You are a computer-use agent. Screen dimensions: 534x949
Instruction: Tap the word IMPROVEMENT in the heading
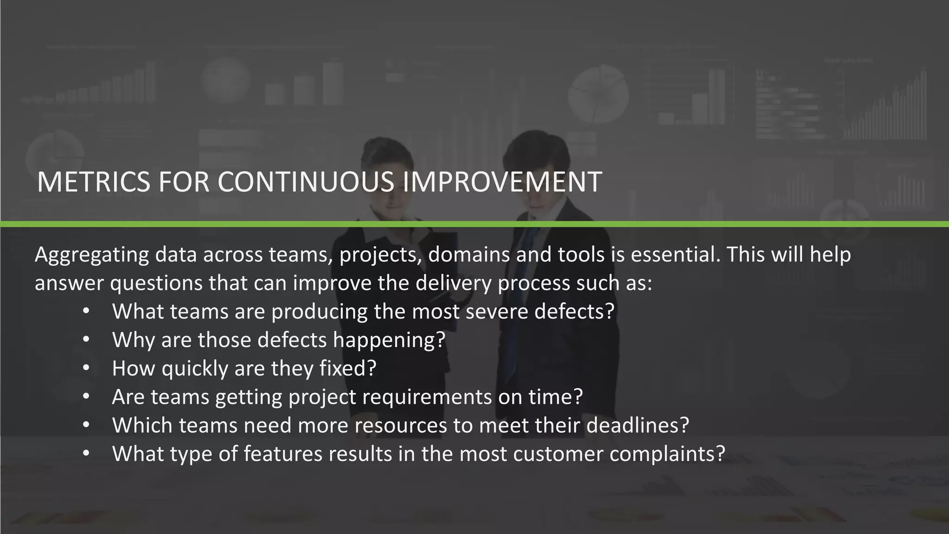502,182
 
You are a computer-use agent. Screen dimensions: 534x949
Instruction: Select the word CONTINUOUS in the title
306,182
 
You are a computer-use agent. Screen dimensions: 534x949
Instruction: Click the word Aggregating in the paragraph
92,255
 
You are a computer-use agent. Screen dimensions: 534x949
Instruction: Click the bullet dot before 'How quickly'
86,369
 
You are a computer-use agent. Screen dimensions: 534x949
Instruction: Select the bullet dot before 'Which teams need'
86,426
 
